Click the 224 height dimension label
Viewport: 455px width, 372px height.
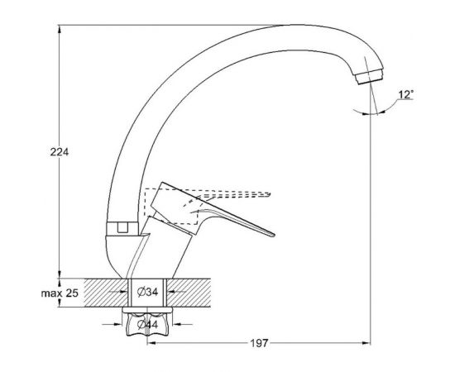(60, 152)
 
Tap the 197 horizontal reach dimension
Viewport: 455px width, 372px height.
(259, 343)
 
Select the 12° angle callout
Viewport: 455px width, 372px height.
(405, 94)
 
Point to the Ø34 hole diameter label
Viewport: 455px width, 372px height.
(148, 292)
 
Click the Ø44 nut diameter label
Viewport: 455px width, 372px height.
(148, 324)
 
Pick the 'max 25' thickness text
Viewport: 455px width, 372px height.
(60, 293)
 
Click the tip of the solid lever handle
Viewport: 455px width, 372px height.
(272, 235)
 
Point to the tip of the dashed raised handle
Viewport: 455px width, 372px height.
(269, 193)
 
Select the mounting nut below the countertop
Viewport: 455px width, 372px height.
(148, 325)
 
